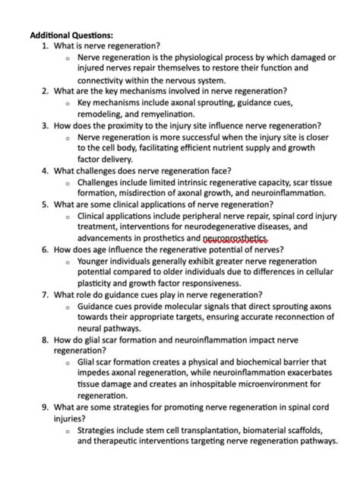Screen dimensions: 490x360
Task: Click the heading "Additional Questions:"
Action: [x=71, y=35]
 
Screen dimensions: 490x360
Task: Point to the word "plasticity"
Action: [x=95, y=283]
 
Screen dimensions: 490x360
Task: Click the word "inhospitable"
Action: [x=198, y=385]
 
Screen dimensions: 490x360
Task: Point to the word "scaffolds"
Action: [x=295, y=430]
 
